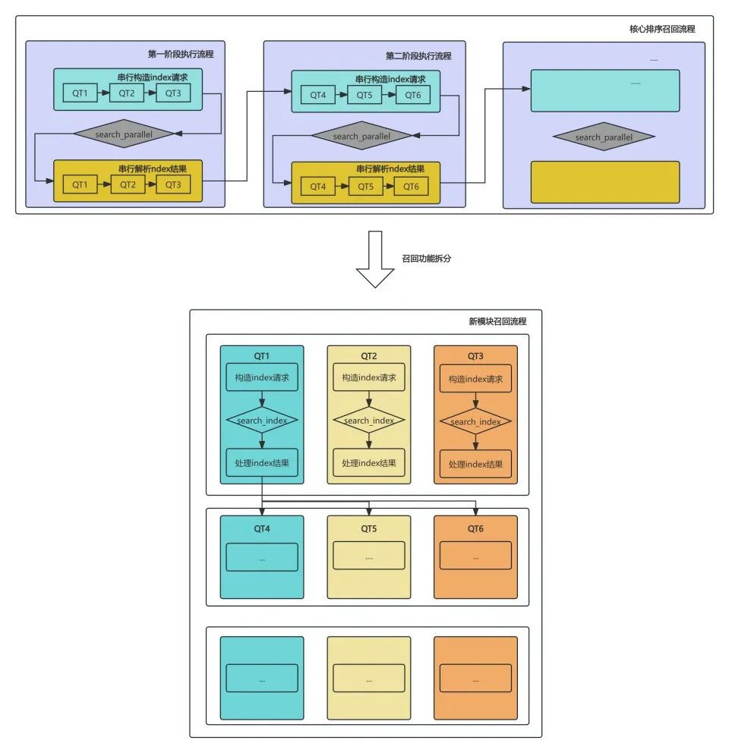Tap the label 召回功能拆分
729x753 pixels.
coord(428,258)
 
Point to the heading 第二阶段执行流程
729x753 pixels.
coord(418,55)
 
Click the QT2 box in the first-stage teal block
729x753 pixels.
coord(126,93)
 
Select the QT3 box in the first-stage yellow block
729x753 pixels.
coord(173,184)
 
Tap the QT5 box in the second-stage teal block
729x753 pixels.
coord(364,95)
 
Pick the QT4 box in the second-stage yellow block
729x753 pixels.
coord(317,186)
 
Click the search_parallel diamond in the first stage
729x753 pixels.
coord(124,134)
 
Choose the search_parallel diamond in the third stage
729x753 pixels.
coord(604,137)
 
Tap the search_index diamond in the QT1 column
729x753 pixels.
coord(262,421)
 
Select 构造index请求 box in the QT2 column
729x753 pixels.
coord(369,378)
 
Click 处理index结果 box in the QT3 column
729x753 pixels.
coord(475,463)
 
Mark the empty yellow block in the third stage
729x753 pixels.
coord(604,181)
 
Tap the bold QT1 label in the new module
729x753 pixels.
coord(262,356)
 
